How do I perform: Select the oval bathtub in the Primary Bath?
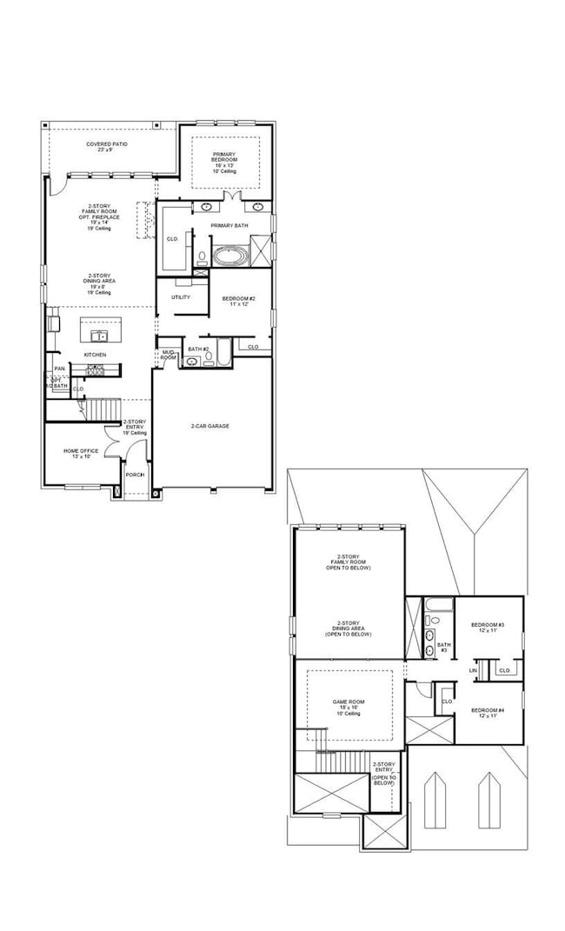[x=230, y=257]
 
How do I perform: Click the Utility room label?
[x=181, y=297]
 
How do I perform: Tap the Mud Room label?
[x=168, y=355]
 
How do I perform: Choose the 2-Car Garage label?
[x=210, y=426]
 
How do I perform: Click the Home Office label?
[x=76, y=453]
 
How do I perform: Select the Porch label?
[x=135, y=475]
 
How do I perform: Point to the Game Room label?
[x=346, y=705]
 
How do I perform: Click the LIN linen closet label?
[x=474, y=670]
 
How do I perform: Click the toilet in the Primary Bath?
[x=202, y=257]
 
